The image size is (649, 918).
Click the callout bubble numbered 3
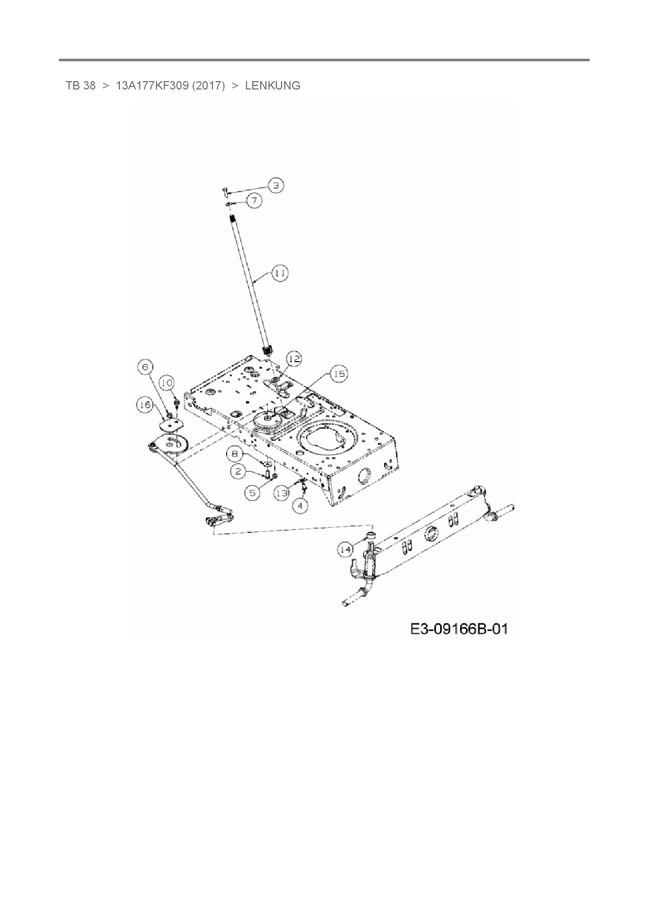[276, 185]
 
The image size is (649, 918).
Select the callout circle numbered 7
[254, 200]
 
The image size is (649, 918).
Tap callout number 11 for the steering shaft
[280, 273]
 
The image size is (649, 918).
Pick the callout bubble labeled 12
[294, 359]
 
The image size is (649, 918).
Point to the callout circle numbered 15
[339, 374]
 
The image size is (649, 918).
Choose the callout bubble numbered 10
[166, 383]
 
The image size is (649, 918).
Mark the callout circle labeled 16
[145, 404]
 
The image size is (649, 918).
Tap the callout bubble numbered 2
[238, 472]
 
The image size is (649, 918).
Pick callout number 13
[282, 492]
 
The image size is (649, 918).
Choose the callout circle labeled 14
[345, 550]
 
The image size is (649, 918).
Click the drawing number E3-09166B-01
[459, 629]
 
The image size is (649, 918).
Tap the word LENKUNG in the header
[273, 86]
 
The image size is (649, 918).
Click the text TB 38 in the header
[81, 86]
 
